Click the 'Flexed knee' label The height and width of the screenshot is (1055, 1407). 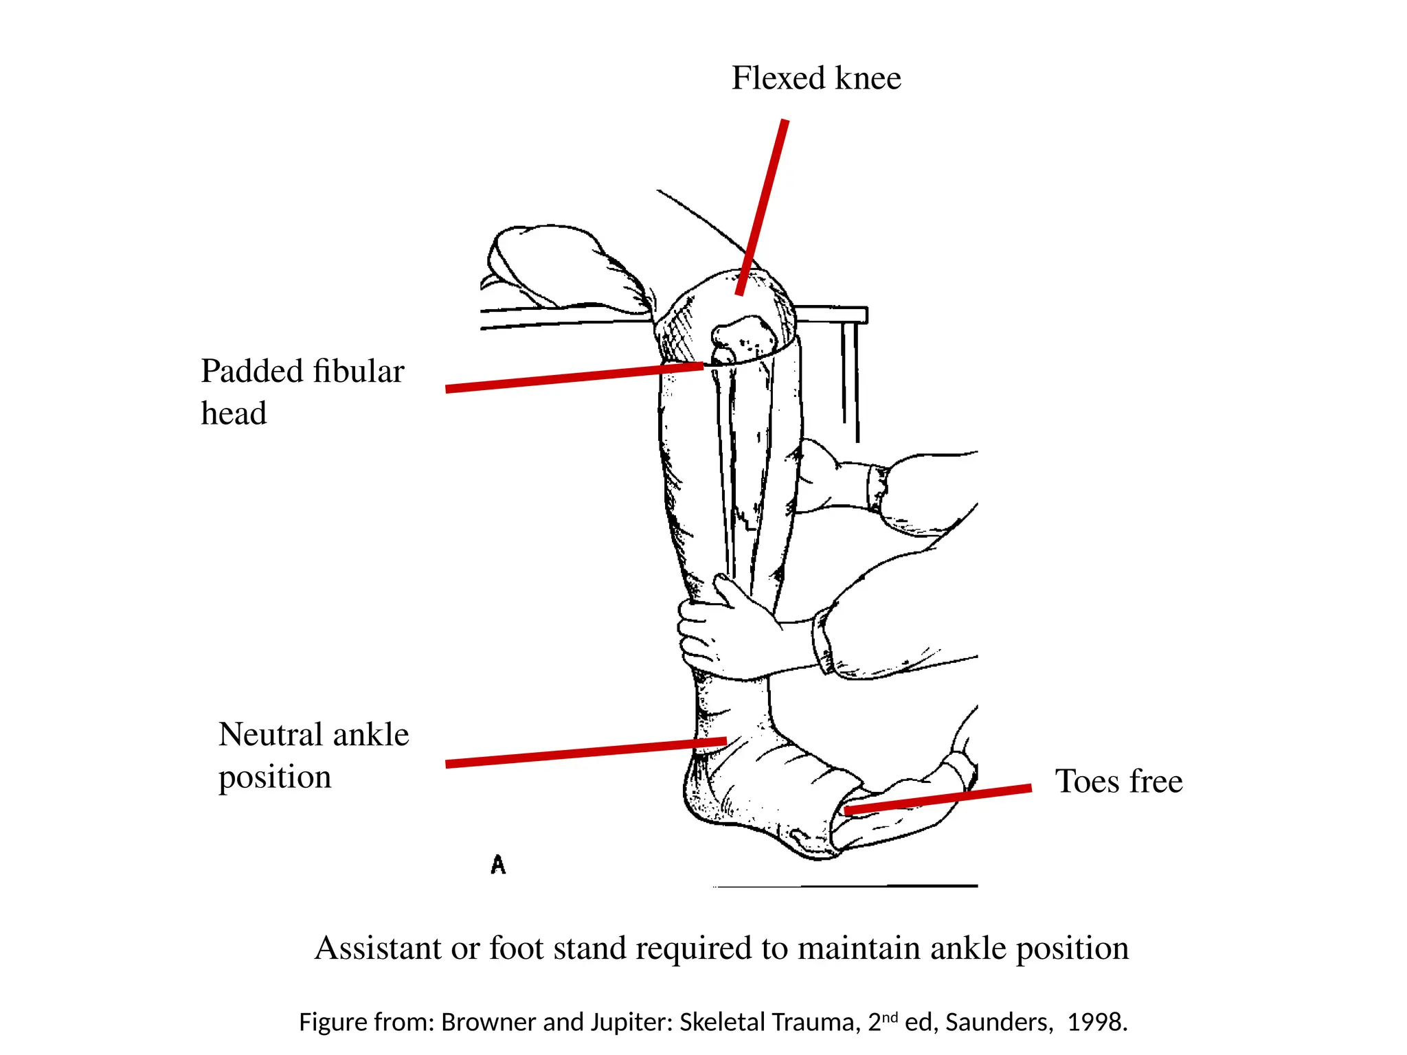click(x=815, y=78)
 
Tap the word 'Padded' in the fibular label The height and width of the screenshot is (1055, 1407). click(x=252, y=372)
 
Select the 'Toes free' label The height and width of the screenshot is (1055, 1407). click(x=1118, y=782)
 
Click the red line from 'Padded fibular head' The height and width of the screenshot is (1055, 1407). click(x=574, y=377)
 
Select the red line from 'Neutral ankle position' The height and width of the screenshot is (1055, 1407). click(x=584, y=752)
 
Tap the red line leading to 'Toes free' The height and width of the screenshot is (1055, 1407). click(x=938, y=799)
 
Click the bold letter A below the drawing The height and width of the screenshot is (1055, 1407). click(x=498, y=864)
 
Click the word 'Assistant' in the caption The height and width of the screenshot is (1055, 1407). click(x=378, y=949)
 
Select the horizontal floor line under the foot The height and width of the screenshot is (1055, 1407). click(x=845, y=886)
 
